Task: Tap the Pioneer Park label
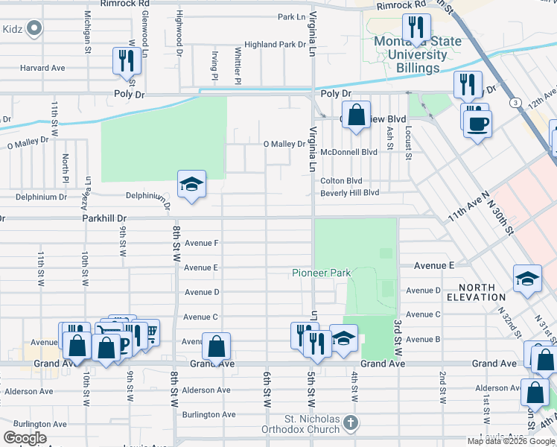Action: (x=320, y=273)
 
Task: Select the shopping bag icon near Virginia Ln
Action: (x=357, y=115)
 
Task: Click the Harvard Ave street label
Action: (x=42, y=68)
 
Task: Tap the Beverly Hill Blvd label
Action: (x=349, y=193)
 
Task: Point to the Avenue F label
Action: (x=201, y=243)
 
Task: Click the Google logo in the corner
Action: (x=25, y=437)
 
